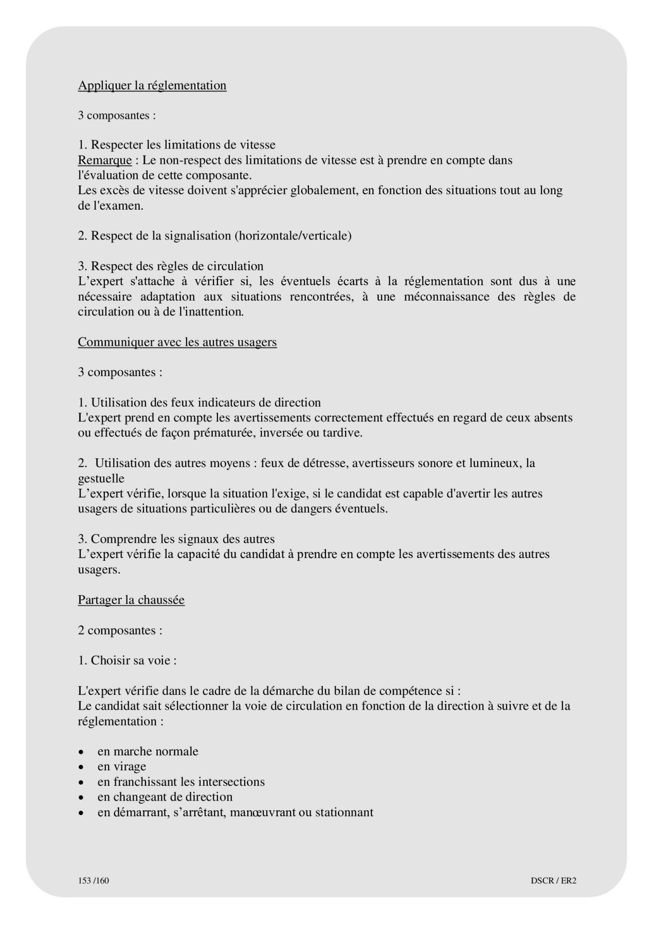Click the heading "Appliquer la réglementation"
click(x=152, y=85)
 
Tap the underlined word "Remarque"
click(x=104, y=160)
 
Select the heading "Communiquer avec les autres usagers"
click(x=177, y=342)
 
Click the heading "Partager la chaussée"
click(x=131, y=600)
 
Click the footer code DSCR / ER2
click(x=553, y=880)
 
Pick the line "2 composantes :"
click(x=120, y=631)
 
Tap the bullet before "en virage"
click(x=81, y=767)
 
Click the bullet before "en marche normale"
click(x=81, y=752)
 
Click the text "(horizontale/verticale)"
click(x=293, y=236)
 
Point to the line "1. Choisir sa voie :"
click(x=127, y=660)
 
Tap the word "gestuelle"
click(x=101, y=479)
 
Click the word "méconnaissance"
click(x=446, y=297)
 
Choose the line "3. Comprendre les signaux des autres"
click(x=176, y=539)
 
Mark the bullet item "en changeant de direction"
click(x=165, y=797)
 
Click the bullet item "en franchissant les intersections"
click(x=181, y=782)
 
